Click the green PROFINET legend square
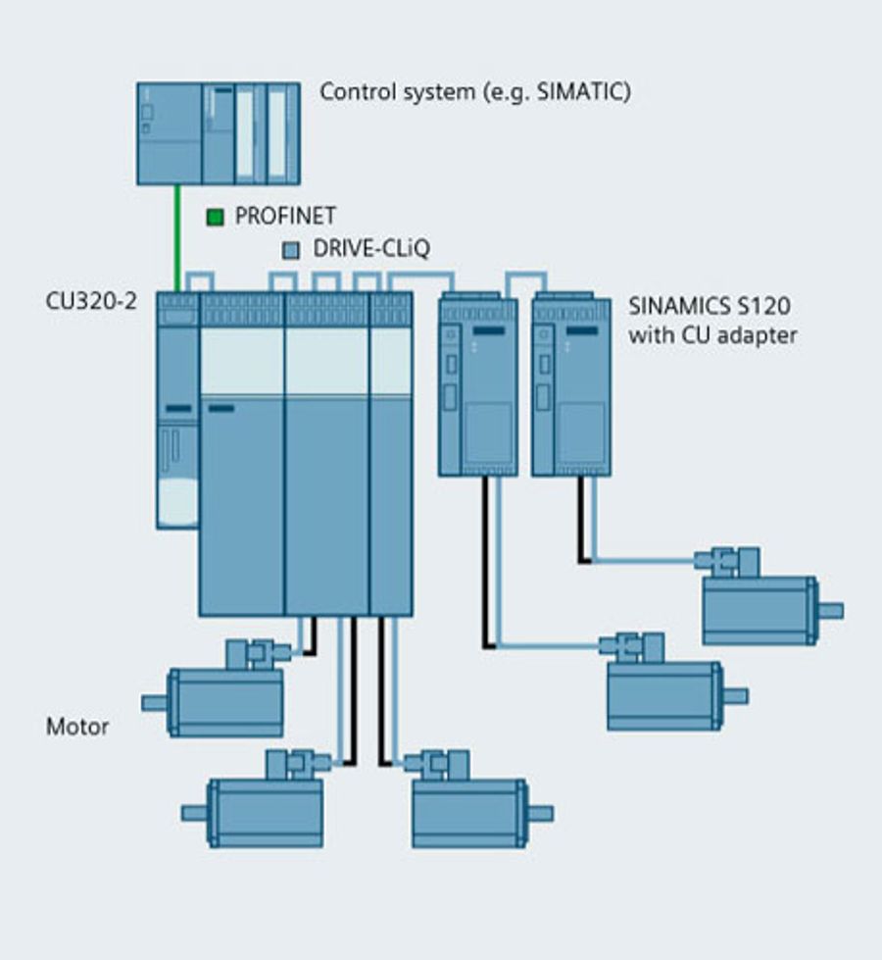(215, 217)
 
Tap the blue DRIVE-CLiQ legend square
(290, 249)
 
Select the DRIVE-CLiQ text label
(370, 249)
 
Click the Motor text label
(77, 728)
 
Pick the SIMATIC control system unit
(218, 133)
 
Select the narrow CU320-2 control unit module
(177, 412)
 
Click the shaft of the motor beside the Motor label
(154, 702)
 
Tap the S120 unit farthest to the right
(570, 384)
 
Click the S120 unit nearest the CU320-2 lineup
(477, 384)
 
